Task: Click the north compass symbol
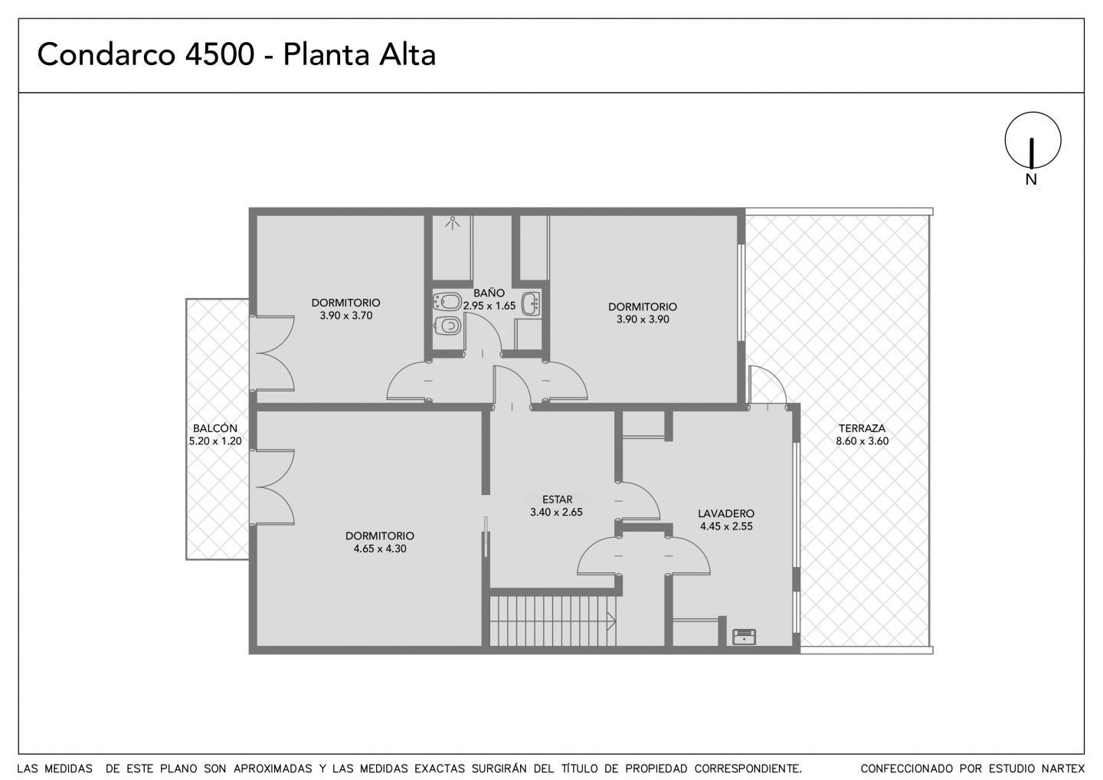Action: pos(1033,140)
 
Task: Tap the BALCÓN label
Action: pos(215,428)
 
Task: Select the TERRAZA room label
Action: pos(862,428)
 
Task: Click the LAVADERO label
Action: pos(726,513)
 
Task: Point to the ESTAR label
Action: pos(557,500)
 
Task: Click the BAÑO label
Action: pos(489,293)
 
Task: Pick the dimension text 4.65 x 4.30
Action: pos(380,549)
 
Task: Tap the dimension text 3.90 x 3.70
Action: pos(345,316)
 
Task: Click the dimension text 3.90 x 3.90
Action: pos(643,319)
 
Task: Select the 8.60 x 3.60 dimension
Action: pos(862,441)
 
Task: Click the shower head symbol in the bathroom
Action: pos(452,223)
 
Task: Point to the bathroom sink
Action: pos(532,303)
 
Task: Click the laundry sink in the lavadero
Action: pos(744,636)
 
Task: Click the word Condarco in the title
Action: pos(106,54)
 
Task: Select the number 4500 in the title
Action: pos(219,54)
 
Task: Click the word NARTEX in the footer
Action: pos(1062,769)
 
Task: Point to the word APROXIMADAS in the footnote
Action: pos(273,769)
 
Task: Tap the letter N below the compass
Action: pos(1031,180)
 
